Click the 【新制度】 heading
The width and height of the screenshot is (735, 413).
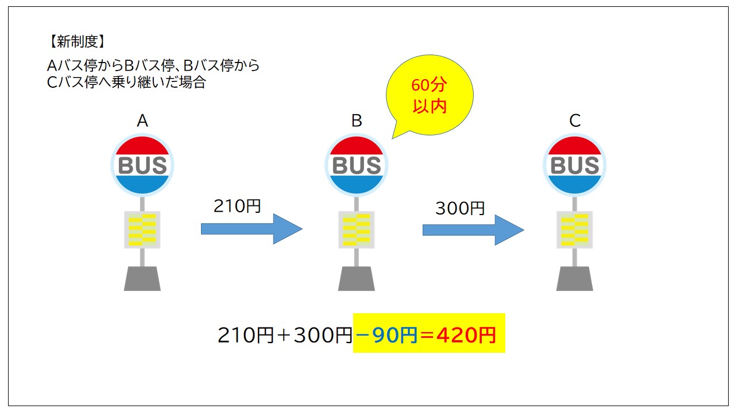pyautogui.click(x=77, y=42)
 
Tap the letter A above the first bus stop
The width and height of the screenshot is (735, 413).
pyautogui.click(x=142, y=120)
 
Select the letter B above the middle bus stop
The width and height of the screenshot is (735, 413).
pyautogui.click(x=357, y=120)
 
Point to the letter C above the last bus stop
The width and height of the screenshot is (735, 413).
pyautogui.click(x=575, y=120)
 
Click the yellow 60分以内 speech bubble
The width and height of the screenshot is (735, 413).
pyautogui.click(x=430, y=95)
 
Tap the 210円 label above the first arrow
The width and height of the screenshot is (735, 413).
pyautogui.click(x=237, y=206)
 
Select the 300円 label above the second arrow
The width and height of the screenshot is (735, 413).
pyautogui.click(x=460, y=208)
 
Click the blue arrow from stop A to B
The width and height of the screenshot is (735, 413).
pyautogui.click(x=252, y=229)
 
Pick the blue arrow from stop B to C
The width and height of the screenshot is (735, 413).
pyautogui.click(x=473, y=230)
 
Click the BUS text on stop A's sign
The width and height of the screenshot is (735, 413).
pyautogui.click(x=142, y=165)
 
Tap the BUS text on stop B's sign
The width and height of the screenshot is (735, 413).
pyautogui.click(x=357, y=165)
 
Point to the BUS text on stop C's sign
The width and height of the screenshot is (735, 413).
pyautogui.click(x=575, y=165)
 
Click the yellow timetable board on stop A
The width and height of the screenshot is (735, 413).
pyautogui.click(x=142, y=230)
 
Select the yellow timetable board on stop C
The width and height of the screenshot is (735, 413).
pyautogui.click(x=575, y=230)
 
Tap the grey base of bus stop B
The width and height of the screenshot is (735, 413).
pyautogui.click(x=357, y=279)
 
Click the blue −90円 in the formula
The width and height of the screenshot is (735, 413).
pyautogui.click(x=386, y=335)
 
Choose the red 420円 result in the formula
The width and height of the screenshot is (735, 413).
pyautogui.click(x=466, y=335)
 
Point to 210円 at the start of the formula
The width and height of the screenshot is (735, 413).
pyautogui.click(x=246, y=335)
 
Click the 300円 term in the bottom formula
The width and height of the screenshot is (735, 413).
pyautogui.click(x=323, y=335)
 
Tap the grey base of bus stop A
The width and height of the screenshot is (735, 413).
pyautogui.click(x=142, y=279)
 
